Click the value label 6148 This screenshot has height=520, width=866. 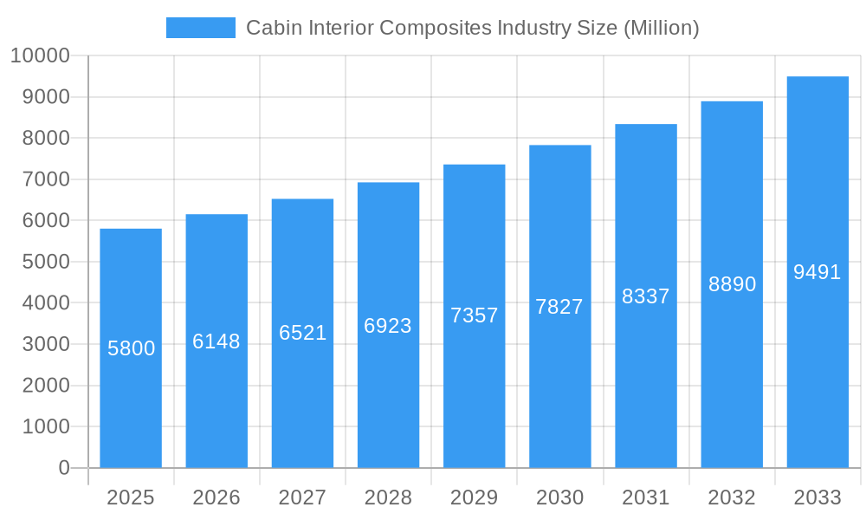click(x=216, y=341)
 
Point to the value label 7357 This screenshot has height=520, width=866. click(x=474, y=315)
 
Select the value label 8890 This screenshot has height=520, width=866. click(x=732, y=284)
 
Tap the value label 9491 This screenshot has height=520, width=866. click(x=818, y=272)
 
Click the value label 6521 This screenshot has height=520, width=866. click(x=302, y=333)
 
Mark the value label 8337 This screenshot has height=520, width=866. click(x=646, y=296)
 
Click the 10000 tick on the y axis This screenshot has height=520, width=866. click(x=39, y=56)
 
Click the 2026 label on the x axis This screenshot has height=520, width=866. click(x=216, y=497)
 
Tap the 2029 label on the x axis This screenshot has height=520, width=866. click(x=474, y=497)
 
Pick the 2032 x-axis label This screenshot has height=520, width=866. click(x=732, y=497)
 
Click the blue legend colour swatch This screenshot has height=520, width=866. click(x=201, y=28)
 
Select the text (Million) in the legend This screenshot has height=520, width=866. click(x=661, y=28)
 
